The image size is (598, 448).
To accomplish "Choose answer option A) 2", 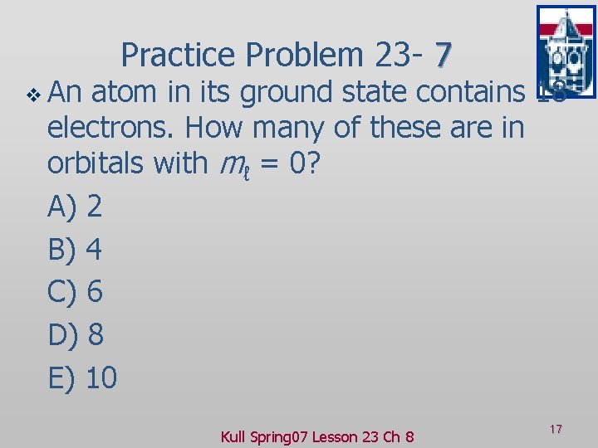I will pyautogui.click(x=76, y=207).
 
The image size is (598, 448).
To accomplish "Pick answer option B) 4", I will pyautogui.click(x=76, y=249).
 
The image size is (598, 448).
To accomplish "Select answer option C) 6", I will pyautogui.click(x=76, y=292).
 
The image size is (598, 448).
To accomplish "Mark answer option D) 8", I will pyautogui.click(x=76, y=335).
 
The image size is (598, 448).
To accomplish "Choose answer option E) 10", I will pyautogui.click(x=83, y=378).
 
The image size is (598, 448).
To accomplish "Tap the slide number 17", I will pyautogui.click(x=556, y=429).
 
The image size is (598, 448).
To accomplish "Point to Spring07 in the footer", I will pyautogui.click(x=282, y=436).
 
